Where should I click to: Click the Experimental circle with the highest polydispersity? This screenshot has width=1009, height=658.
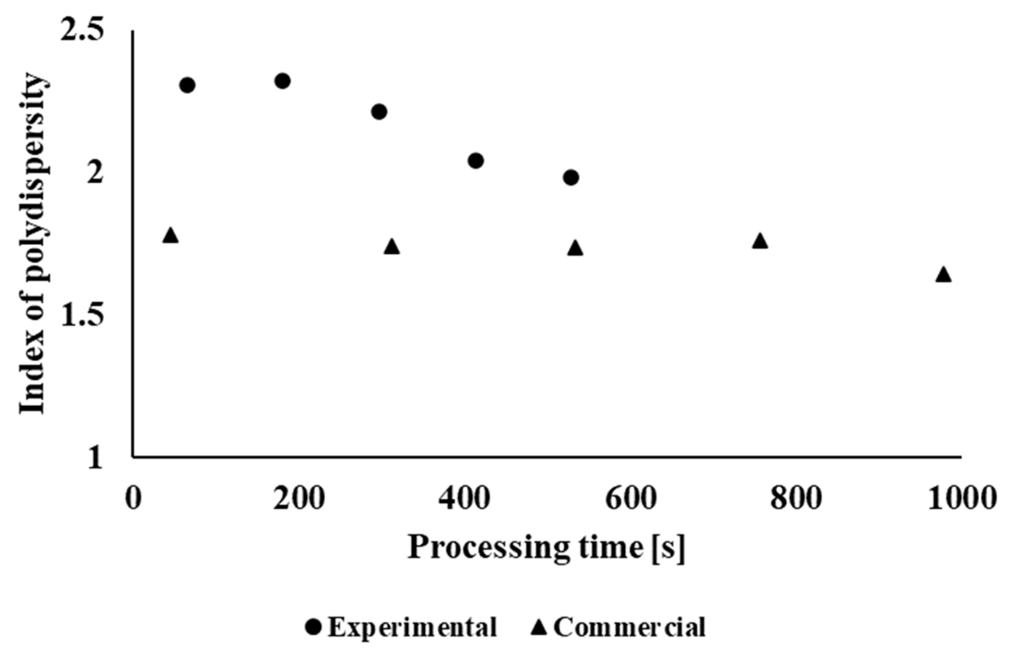(282, 81)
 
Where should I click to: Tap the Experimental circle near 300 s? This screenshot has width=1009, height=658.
(379, 111)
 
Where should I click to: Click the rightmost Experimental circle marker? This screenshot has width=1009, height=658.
(571, 177)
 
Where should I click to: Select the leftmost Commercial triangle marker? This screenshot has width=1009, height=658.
(171, 235)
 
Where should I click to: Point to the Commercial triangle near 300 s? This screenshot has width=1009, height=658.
(392, 247)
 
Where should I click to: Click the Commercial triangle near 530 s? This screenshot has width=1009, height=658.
(575, 248)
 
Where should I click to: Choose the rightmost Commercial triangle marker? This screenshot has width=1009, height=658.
(943, 275)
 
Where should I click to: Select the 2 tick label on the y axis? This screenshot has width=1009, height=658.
(95, 174)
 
